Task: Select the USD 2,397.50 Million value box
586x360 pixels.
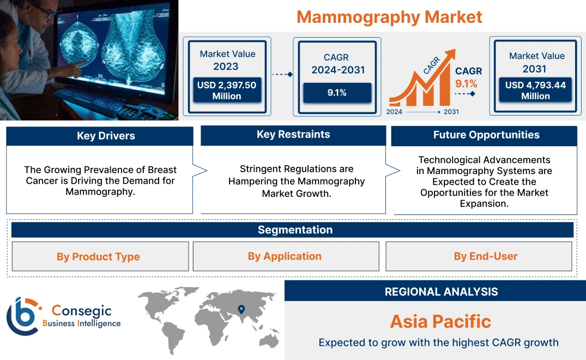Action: coord(227,91)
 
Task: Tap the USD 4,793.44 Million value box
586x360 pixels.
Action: coord(535,91)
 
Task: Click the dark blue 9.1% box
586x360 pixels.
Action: coord(337,93)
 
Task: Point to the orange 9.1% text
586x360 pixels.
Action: coord(466,83)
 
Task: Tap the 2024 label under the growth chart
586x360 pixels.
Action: coord(395,112)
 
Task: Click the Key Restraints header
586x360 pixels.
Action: coord(293,135)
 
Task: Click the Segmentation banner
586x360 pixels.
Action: coord(295,230)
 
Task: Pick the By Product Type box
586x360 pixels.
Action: coord(98,257)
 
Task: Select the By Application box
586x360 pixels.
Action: coord(285,256)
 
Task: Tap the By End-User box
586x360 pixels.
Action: coord(486,256)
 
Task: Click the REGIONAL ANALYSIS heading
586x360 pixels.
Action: coord(441,292)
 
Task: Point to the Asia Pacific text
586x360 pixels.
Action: coord(440,321)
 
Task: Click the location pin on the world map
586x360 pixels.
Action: coord(240,310)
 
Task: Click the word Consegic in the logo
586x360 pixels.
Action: coord(81,311)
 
